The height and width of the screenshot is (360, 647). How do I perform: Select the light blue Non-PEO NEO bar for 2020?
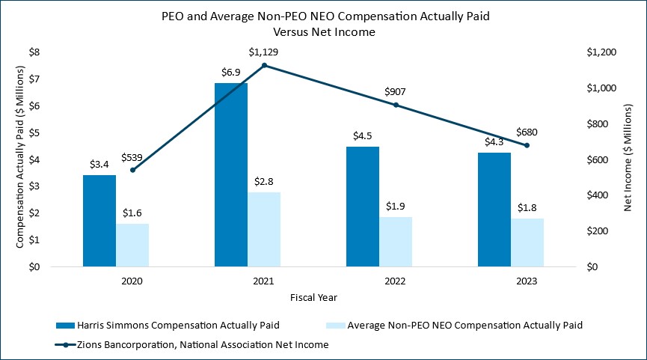132,245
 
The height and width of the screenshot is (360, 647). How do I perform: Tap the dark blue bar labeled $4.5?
362,207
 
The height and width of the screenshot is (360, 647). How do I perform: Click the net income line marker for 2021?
264,65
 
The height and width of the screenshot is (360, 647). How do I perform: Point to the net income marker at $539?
132,170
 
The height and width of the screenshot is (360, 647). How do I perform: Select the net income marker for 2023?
527,145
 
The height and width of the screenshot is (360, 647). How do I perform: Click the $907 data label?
396,91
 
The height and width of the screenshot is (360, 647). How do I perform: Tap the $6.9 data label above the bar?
230,73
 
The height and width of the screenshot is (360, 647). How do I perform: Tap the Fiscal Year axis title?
313,297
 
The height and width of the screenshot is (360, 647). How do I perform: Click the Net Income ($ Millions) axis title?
629,158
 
